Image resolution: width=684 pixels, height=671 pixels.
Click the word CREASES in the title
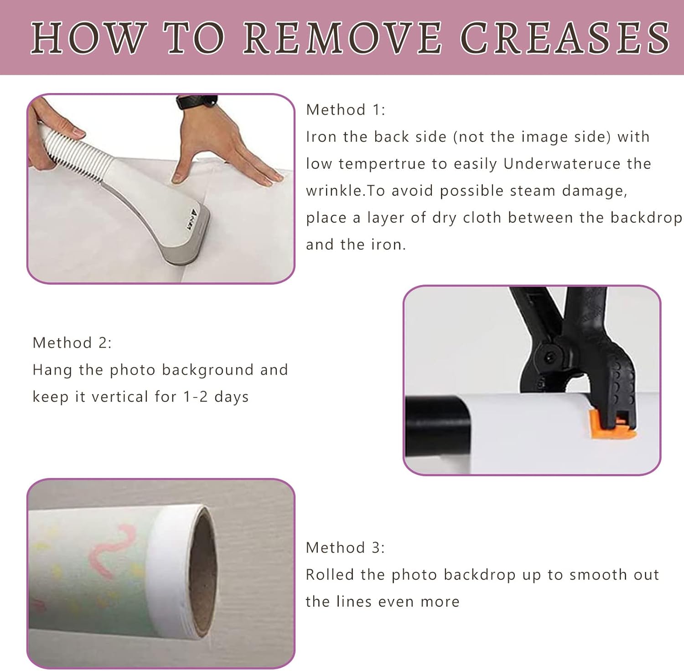(x=565, y=38)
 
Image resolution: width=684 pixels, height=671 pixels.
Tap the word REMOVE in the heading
(x=342, y=38)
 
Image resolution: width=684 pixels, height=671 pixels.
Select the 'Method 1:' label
(x=346, y=110)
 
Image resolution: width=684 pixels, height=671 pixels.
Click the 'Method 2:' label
(x=72, y=343)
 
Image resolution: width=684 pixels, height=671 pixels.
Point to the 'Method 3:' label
(x=345, y=547)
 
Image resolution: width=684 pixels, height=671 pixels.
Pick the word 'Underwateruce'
(x=562, y=164)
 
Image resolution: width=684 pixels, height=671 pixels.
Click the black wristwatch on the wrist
(x=197, y=102)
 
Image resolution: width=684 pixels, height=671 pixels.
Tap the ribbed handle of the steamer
(x=75, y=150)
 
